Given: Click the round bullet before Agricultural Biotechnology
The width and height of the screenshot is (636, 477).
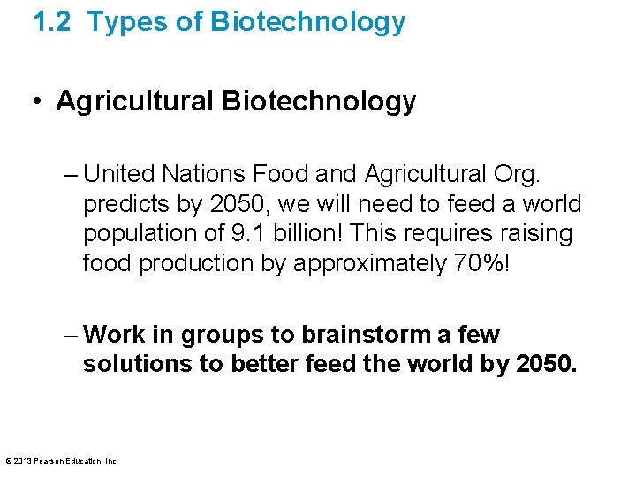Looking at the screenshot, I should pos(41,102).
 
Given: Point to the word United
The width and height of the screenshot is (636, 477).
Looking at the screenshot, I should pos(121,173).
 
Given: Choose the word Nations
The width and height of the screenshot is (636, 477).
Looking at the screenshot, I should pos(212,173).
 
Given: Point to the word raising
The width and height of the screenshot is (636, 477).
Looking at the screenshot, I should pos(538,234).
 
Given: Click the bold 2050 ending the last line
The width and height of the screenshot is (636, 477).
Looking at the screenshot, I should pos(545,365).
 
